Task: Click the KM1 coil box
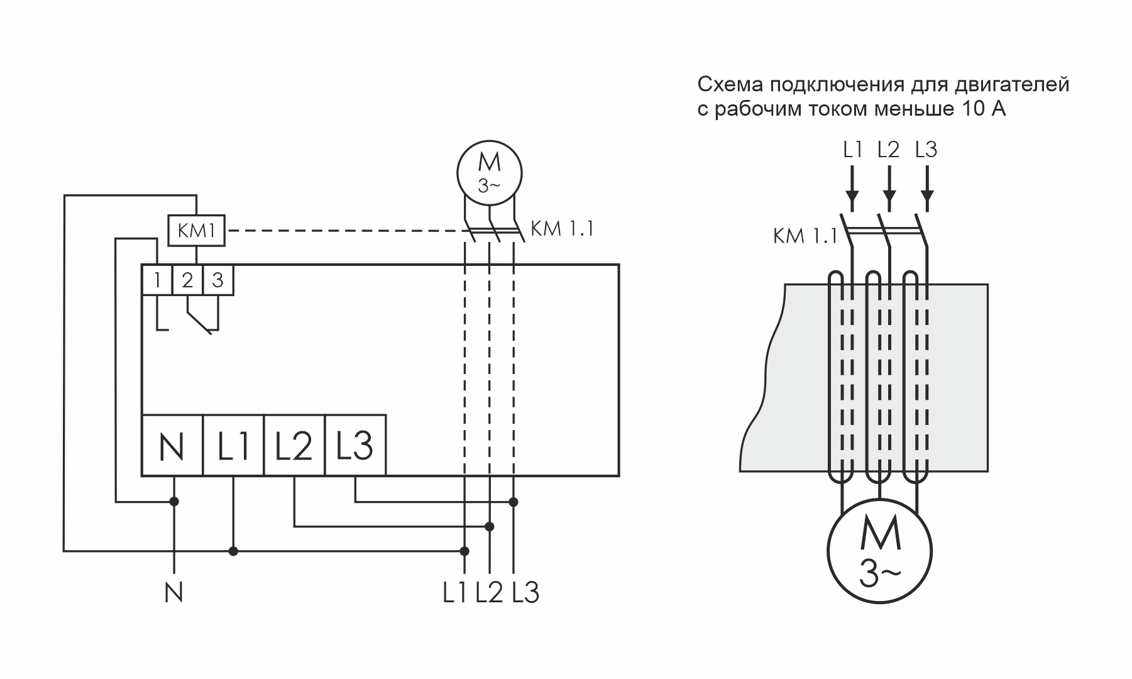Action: [x=197, y=231]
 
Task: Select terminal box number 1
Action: [x=157, y=280]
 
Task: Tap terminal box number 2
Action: [x=187, y=280]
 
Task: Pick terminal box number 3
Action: [x=217, y=280]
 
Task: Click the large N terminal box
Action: [x=172, y=445]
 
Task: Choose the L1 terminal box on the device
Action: [x=233, y=445]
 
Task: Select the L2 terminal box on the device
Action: [x=294, y=445]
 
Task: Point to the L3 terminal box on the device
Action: [x=355, y=445]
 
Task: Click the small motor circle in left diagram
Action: [x=490, y=171]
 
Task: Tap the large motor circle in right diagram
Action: [x=879, y=551]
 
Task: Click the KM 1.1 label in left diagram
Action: [x=562, y=229]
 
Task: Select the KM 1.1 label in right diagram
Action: [x=805, y=237]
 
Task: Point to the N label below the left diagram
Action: [x=173, y=593]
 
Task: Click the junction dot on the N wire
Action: [x=175, y=502]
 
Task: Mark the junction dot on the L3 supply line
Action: [x=514, y=502]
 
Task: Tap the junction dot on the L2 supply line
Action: [x=490, y=526]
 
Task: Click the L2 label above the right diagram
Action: [x=889, y=150]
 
